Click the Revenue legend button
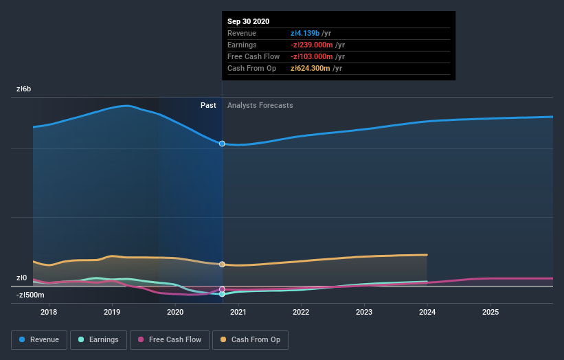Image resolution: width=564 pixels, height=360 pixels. pyautogui.click(x=40, y=339)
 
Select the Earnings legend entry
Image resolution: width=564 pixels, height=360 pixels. pyautogui.click(x=99, y=339)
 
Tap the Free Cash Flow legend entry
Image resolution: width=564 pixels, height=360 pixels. pyautogui.click(x=170, y=339)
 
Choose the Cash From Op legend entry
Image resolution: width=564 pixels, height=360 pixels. pyautogui.click(x=250, y=339)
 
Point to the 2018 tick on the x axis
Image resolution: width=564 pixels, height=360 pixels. pyautogui.click(x=49, y=312)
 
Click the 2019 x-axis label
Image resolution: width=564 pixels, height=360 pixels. pyautogui.click(x=112, y=312)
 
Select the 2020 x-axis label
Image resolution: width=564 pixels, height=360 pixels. pyautogui.click(x=175, y=312)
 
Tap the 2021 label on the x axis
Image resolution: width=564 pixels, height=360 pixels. pyautogui.click(x=238, y=312)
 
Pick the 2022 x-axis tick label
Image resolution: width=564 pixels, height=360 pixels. pyautogui.click(x=301, y=312)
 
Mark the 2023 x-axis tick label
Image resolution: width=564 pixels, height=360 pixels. pyautogui.click(x=364, y=312)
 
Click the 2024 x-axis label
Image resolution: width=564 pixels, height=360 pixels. pyautogui.click(x=427, y=312)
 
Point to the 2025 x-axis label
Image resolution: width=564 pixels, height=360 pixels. pyautogui.click(x=490, y=312)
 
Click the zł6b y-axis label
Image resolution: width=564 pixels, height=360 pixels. pyautogui.click(x=24, y=89)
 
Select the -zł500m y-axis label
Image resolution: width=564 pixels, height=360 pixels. pyautogui.click(x=31, y=295)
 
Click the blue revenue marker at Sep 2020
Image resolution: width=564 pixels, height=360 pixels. pyautogui.click(x=222, y=144)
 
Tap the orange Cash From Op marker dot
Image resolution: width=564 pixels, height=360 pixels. pyautogui.click(x=222, y=265)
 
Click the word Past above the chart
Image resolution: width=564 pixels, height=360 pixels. pyautogui.click(x=208, y=105)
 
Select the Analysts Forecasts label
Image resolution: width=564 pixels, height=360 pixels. pyautogui.click(x=260, y=105)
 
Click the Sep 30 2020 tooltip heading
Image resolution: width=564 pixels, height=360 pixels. pyautogui.click(x=249, y=21)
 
